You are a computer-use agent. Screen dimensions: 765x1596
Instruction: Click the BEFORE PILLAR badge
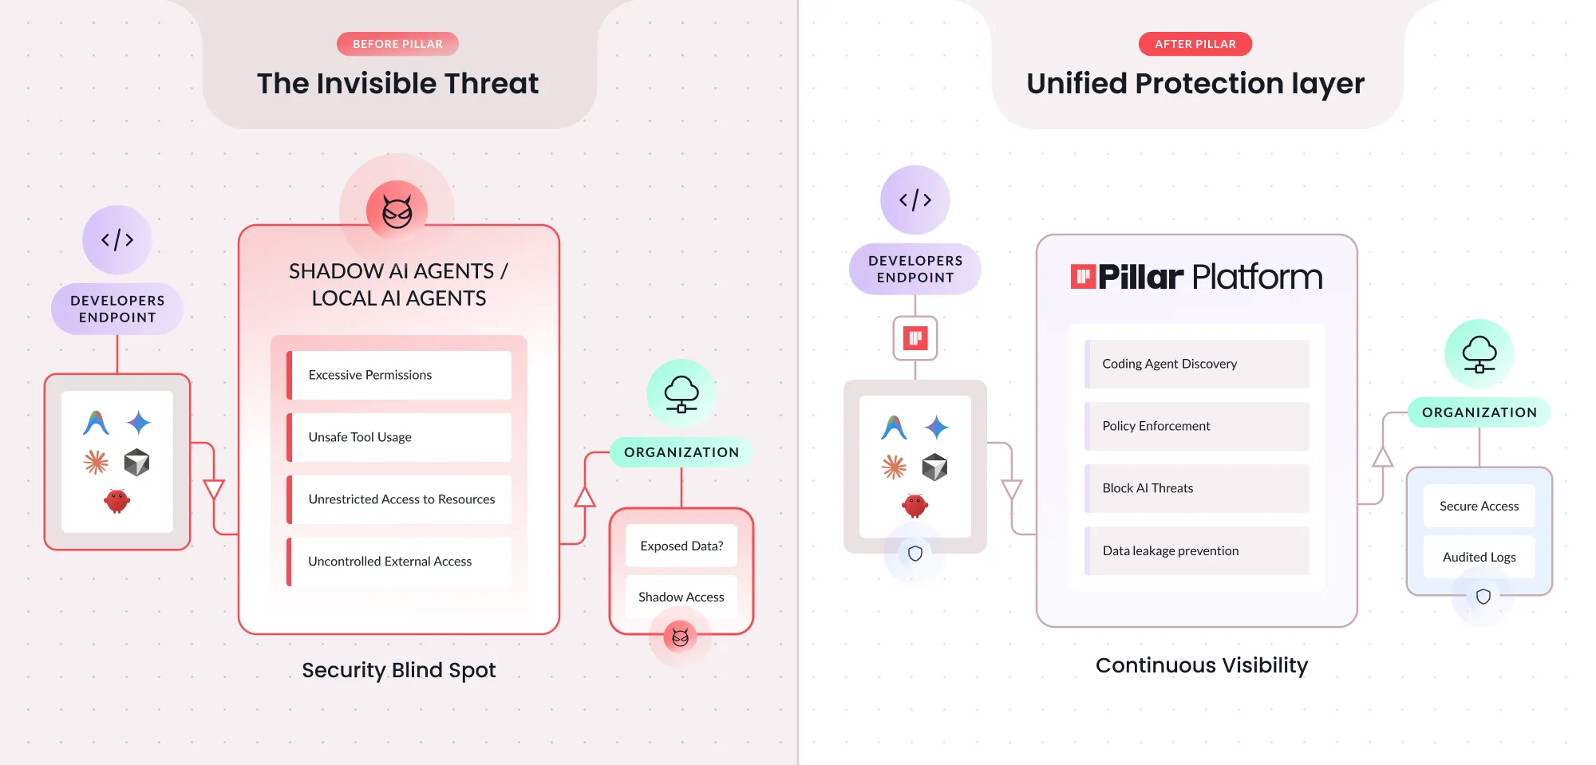tap(397, 44)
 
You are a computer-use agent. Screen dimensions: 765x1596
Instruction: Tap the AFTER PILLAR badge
tap(1195, 44)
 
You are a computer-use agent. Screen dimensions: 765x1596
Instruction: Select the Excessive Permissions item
tap(400, 375)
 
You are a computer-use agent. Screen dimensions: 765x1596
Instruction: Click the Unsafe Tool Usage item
tap(400, 437)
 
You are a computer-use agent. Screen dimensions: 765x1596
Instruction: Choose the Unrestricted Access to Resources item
tap(400, 499)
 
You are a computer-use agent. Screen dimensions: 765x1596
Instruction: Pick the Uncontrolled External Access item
tap(400, 562)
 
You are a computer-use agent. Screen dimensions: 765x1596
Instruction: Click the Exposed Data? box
tap(681, 546)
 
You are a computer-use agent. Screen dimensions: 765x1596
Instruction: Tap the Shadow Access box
tap(681, 597)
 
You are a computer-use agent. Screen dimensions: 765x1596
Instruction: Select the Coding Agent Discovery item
tap(1197, 364)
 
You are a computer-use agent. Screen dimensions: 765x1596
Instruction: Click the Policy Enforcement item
tap(1197, 426)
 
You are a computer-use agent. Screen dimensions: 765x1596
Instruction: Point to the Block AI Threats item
tap(1197, 488)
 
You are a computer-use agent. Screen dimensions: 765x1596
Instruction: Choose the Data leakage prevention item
tap(1197, 550)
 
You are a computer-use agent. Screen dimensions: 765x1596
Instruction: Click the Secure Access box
tap(1479, 506)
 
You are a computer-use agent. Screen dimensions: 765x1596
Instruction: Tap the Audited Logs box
tap(1479, 557)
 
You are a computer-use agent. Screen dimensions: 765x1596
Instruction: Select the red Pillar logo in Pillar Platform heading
tap(1083, 277)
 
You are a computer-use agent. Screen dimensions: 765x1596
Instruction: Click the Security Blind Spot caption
tap(398, 670)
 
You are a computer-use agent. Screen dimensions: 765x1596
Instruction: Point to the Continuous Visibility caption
tap(1201, 665)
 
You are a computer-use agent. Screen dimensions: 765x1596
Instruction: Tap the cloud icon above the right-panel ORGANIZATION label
tap(1479, 354)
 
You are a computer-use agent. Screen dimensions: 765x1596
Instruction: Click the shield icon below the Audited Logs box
tap(1483, 597)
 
